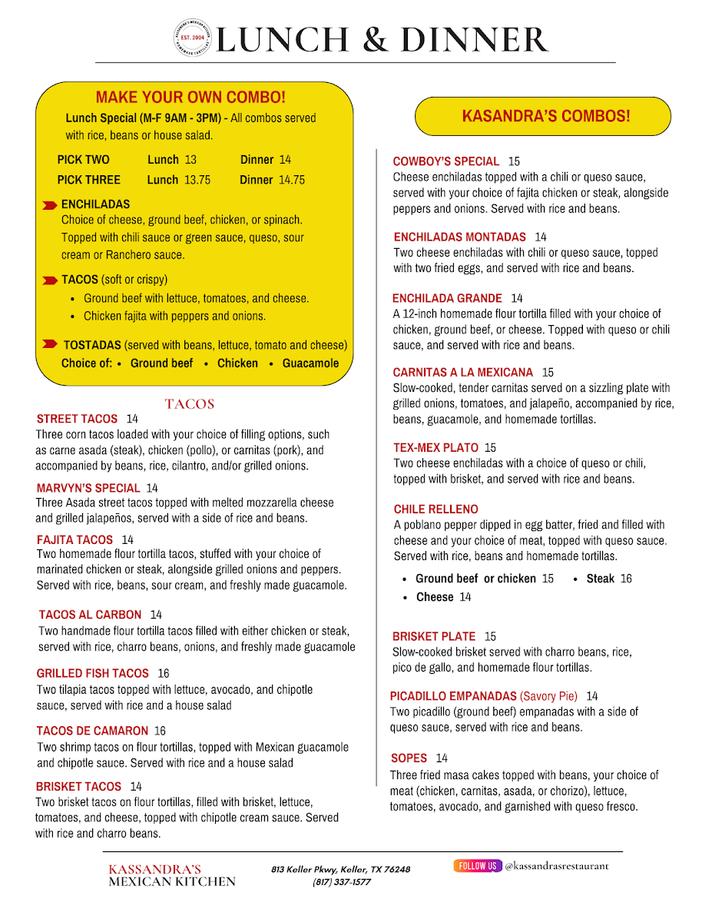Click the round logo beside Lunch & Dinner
click(193, 38)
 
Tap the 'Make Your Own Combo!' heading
click(190, 98)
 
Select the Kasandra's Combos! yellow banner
click(543, 117)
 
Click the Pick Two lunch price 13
click(190, 160)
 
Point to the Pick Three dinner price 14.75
click(291, 180)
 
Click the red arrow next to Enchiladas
click(49, 205)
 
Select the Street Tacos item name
click(77, 419)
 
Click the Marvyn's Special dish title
click(88, 488)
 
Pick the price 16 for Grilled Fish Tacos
click(163, 673)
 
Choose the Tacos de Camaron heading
click(91, 731)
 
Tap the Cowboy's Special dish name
click(445, 161)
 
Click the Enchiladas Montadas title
click(459, 237)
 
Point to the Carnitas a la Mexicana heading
click(462, 373)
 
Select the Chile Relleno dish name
click(435, 509)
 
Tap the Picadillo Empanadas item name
click(453, 696)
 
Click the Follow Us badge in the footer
click(477, 866)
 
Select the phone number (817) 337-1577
click(341, 882)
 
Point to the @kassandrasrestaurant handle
click(556, 866)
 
